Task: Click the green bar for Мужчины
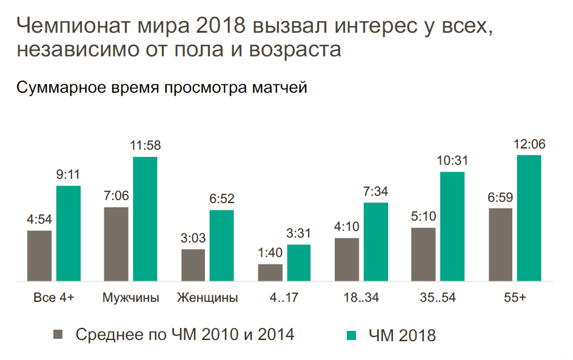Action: pos(145,219)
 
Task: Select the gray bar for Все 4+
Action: pos(39,256)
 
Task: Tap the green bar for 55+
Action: pos(529,218)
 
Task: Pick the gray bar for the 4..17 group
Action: pos(270,273)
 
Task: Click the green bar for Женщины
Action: pos(222,245)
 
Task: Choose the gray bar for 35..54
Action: pos(423,255)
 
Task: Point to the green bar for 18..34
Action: pos(375,242)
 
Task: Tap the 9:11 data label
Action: pos(69,175)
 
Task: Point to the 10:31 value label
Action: pos(452,161)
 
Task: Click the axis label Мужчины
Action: pos(131,298)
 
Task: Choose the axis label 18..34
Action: pos(361,298)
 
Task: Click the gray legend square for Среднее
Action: pos(59,334)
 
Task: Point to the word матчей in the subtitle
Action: pos(280,88)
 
